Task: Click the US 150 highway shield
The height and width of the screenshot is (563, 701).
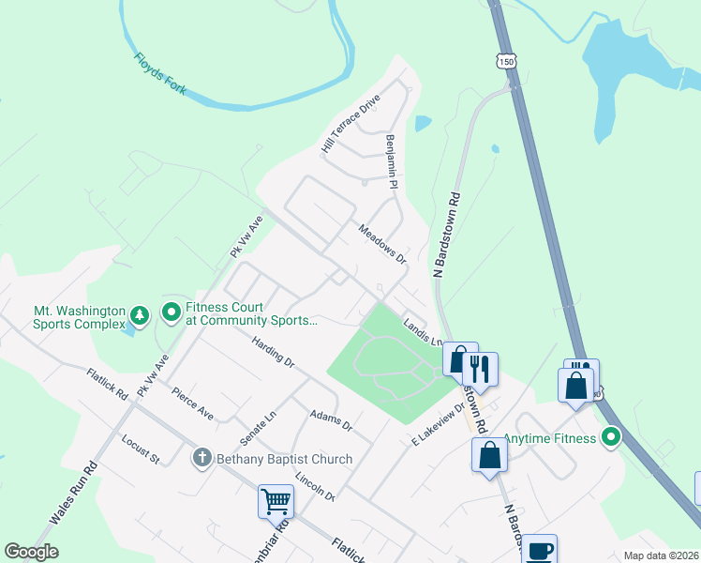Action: [x=506, y=60]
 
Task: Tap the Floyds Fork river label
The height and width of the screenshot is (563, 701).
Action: [x=159, y=73]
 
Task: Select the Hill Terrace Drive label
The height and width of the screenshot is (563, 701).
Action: [x=350, y=124]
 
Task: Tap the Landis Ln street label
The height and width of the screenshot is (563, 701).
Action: [x=423, y=332]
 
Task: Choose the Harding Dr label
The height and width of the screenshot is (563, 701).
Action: [x=274, y=352]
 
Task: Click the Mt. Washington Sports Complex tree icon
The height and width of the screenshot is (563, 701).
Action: [x=139, y=315]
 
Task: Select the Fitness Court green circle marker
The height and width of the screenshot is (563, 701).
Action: [x=172, y=312]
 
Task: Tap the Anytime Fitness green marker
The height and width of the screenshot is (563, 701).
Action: [x=611, y=437]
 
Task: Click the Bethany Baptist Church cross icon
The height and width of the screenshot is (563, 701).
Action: [x=201, y=458]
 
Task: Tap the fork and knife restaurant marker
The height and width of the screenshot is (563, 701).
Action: [x=480, y=367]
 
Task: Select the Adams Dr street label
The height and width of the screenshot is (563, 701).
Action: [x=331, y=419]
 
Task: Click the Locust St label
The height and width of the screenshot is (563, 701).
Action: [x=141, y=449]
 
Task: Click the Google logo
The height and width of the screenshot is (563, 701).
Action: [x=32, y=552]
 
